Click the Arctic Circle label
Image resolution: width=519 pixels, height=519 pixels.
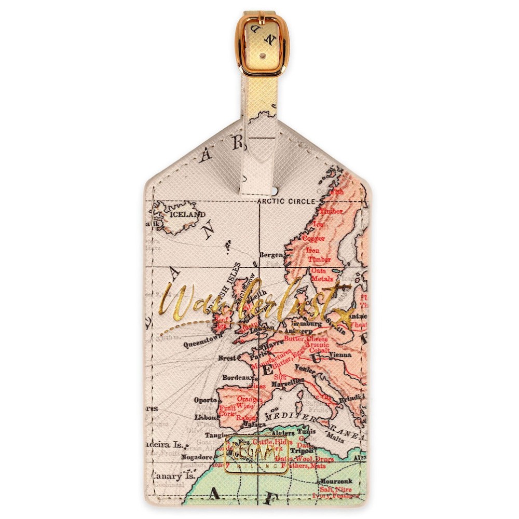(x=286, y=201)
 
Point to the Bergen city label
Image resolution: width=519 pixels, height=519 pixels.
(x=271, y=255)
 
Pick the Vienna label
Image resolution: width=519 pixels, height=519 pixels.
(x=339, y=355)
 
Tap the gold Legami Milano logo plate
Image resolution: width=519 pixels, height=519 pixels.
(x=256, y=454)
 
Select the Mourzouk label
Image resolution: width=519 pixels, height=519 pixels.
(x=336, y=481)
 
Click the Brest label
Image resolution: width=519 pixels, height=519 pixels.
(x=227, y=358)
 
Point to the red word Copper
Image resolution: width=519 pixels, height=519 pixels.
(x=313, y=239)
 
